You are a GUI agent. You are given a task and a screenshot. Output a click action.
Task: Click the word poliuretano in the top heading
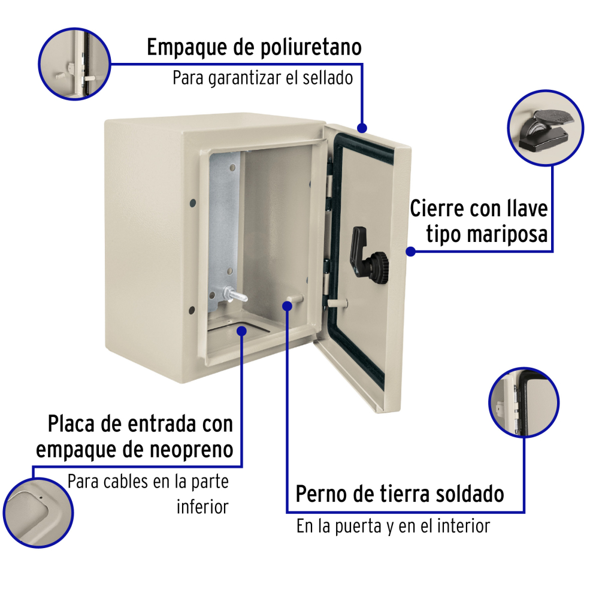tap(311, 48)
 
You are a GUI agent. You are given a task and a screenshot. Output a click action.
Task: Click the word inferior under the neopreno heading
tap(202, 507)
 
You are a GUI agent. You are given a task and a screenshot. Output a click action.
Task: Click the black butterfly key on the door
tap(368, 256)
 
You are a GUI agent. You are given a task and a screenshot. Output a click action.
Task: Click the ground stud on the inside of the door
tap(337, 304)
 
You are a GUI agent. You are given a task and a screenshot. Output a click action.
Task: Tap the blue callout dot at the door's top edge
tap(362, 128)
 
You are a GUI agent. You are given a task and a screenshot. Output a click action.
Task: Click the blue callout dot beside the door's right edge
tap(411, 252)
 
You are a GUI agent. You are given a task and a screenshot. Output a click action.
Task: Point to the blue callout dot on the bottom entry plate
tap(241, 331)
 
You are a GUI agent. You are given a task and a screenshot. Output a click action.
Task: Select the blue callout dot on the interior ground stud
tap(288, 305)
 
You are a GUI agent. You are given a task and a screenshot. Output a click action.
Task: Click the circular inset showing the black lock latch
tap(546, 128)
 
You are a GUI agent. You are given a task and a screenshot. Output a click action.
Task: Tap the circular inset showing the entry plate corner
tap(38, 513)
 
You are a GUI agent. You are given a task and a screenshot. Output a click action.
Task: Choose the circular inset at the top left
tap(74, 64)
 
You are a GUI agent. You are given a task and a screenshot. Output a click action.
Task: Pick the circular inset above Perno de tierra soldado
tap(524, 403)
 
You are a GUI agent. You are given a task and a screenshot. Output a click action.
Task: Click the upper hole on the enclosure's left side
tap(193, 203)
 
